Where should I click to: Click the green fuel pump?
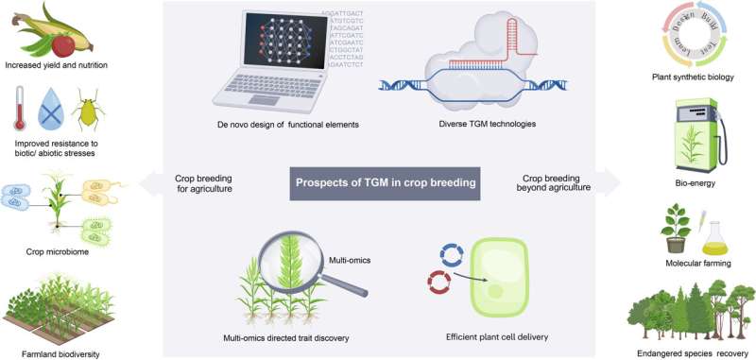(696, 131)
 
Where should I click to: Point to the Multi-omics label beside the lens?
(349, 231)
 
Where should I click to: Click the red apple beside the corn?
(62, 43)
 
